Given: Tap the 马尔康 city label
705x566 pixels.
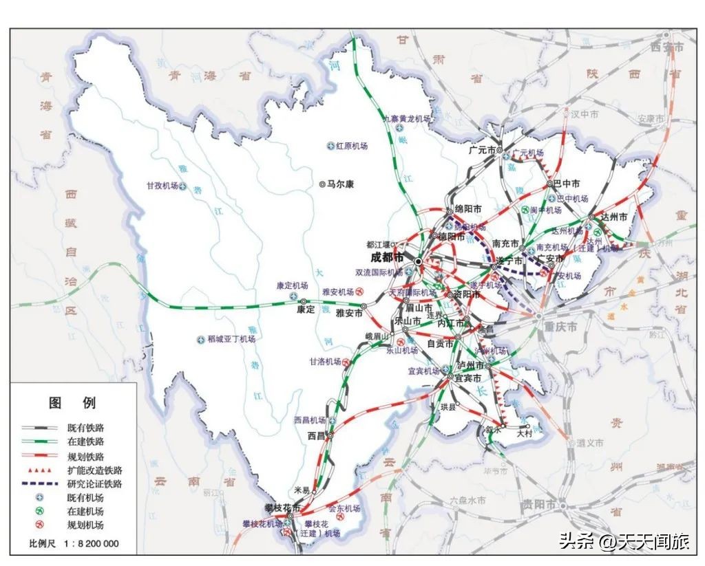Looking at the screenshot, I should pos(339,184).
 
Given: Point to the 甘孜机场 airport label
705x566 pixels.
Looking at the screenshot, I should pos(162,186).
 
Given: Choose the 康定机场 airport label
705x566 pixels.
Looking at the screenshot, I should pos(291,285).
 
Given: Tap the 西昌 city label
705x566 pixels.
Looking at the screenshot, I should pos(316,436).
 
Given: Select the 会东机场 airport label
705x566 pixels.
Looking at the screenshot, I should pos(344,508).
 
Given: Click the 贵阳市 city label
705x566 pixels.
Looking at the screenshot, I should pos(538,504).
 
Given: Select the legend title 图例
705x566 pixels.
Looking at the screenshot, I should pos(72,403).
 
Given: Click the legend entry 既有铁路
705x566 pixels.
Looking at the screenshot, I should pos(85,428).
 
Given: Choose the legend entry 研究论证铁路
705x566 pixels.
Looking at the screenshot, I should pos(94,483).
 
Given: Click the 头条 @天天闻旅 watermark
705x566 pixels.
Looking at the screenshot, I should pos(624,542).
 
